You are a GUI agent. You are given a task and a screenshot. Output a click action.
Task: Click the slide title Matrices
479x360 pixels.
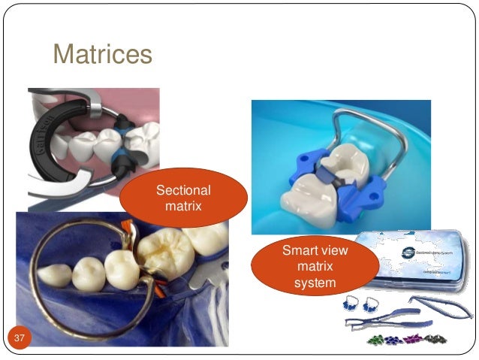point(102,54)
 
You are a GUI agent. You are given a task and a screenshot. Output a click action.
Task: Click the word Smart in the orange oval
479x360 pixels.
point(297,250)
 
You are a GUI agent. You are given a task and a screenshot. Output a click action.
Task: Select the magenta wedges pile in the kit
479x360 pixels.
point(414,340)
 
